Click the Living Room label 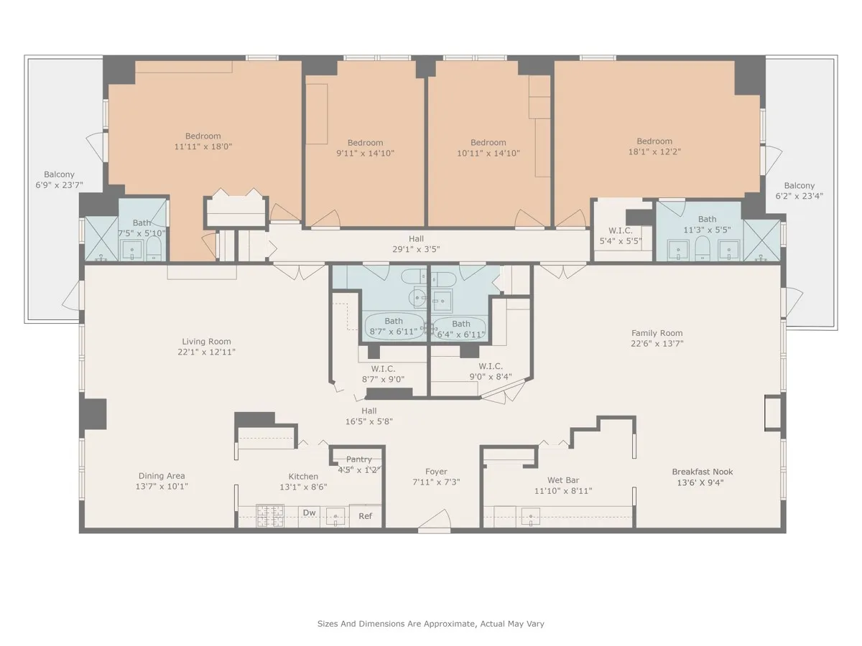tap(206, 342)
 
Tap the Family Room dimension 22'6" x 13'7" tap(657, 344)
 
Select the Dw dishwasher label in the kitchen tap(310, 512)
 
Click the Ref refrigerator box tap(365, 515)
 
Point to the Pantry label tap(359, 459)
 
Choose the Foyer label tap(436, 472)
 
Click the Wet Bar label tap(562, 480)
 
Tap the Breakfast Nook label tap(702, 472)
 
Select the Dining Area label tap(162, 476)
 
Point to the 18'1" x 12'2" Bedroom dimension tap(654, 152)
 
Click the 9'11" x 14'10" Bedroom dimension tap(366, 153)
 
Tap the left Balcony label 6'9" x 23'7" tap(59, 184)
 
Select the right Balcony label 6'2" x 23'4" tap(799, 196)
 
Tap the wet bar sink tap(532, 515)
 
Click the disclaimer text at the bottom tap(435, 624)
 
